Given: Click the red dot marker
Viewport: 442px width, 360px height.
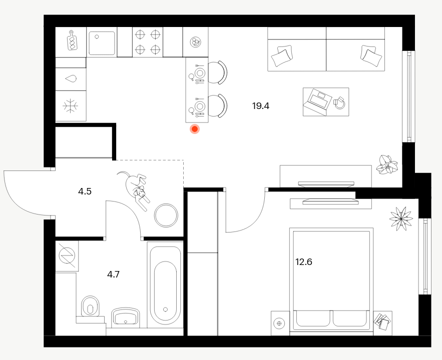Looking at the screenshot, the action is tap(195, 129).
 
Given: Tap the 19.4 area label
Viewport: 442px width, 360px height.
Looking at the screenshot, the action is tap(261, 106).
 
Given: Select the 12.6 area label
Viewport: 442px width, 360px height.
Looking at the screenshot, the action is tap(303, 262).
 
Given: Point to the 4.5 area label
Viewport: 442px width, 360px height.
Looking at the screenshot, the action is tap(85, 191).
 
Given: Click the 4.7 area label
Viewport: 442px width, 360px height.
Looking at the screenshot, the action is tap(113, 274).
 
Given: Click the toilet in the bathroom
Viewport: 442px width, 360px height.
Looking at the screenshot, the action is tap(90, 307).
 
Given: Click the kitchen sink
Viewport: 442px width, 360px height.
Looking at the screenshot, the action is tap(102, 43).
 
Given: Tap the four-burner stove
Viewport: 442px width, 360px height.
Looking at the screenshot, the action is tap(148, 42).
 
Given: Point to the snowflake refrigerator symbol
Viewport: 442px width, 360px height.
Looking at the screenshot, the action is tap(71, 106).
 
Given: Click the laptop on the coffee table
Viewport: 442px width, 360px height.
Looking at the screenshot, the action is tap(318, 101).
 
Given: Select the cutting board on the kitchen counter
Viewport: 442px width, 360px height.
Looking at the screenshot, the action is tap(73, 40).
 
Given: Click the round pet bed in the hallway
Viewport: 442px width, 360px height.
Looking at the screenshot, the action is tap(166, 215).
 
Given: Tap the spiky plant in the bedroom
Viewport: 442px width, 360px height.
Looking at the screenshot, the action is tap(401, 218).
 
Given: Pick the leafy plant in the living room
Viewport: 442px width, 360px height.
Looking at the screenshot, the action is tap(387, 164).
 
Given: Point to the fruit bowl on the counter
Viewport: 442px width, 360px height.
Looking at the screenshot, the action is tap(195, 42).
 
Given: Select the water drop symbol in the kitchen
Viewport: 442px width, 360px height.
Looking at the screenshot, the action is tap(71, 78).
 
